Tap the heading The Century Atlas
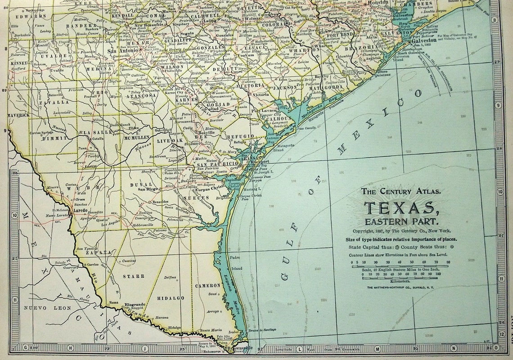coord(401,191)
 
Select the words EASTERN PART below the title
coord(401,221)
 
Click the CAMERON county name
coord(207,285)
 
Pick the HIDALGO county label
coord(171,298)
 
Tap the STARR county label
coord(134,276)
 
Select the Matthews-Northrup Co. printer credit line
coord(401,287)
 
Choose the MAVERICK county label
coord(18,115)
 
